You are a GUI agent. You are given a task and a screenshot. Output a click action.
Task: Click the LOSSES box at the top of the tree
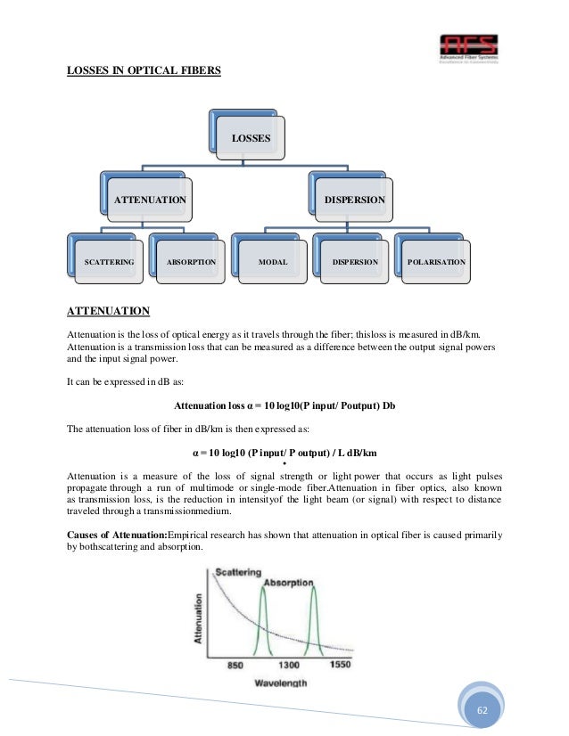tap(251, 138)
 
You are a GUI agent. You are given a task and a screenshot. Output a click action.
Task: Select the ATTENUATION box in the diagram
tap(149, 200)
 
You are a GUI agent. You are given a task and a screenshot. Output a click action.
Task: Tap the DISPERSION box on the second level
tap(354, 200)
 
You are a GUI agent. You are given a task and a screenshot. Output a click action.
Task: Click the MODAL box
tap(272, 263)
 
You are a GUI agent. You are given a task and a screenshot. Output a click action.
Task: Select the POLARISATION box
tap(436, 263)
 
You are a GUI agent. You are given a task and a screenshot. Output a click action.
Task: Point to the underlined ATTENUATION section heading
tap(108, 311)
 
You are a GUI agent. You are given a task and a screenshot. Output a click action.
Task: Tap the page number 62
tap(482, 709)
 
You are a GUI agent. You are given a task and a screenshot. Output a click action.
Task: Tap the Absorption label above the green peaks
tap(288, 583)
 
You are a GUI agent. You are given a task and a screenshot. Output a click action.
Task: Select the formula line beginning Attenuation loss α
tap(284, 405)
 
